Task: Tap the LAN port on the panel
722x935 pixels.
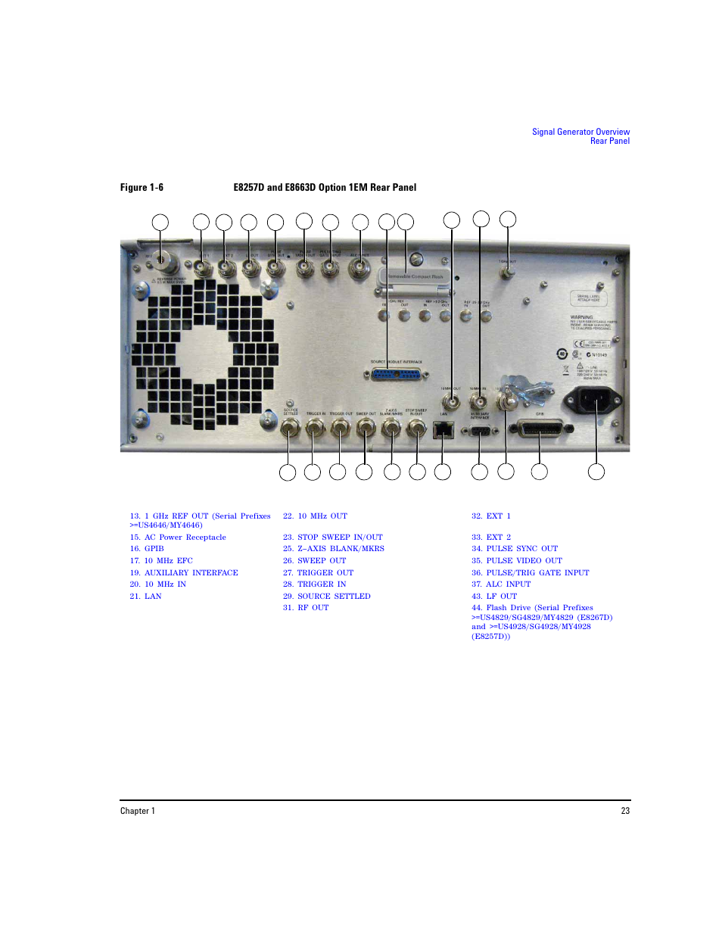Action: point(443,430)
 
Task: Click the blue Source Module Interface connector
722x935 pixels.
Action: point(397,375)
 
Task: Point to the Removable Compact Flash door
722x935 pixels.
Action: point(414,277)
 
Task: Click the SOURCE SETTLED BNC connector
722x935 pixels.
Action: point(288,429)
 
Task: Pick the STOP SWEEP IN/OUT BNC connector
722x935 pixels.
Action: point(416,429)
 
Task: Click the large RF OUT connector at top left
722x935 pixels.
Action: point(161,261)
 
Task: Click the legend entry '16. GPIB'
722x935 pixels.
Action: point(147,549)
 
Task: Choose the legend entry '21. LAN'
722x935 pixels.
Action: point(145,597)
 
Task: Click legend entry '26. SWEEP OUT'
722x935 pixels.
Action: point(314,561)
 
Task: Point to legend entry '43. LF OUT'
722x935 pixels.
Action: point(493,597)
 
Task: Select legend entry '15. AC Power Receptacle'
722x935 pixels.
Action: point(178,538)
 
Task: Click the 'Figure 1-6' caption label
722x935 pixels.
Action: point(142,188)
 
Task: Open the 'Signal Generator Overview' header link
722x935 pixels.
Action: point(580,132)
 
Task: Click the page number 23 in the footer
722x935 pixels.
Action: point(625,811)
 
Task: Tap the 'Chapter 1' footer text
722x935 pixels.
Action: point(138,811)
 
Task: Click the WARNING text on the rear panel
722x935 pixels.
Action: point(581,318)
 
